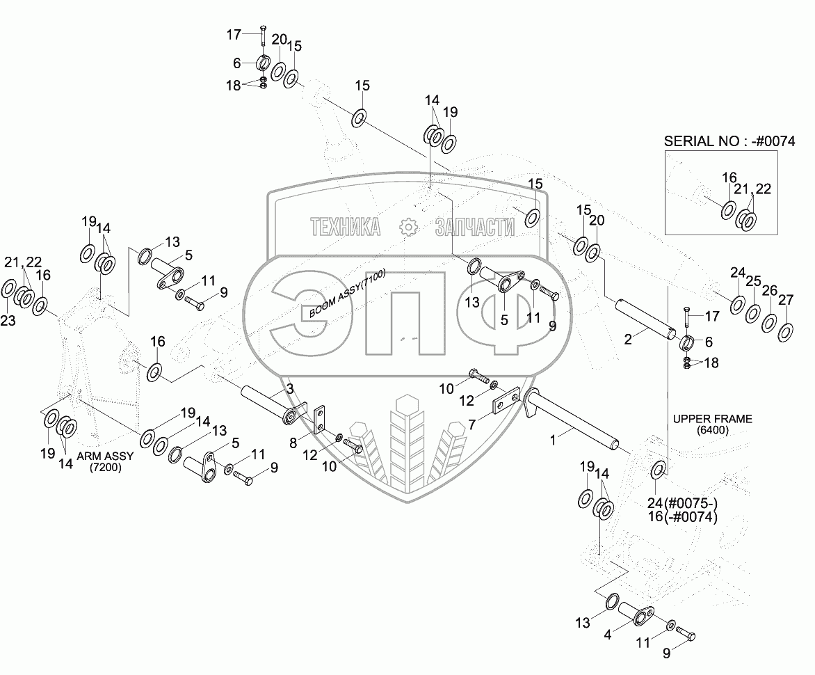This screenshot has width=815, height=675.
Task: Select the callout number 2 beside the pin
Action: (x=628, y=340)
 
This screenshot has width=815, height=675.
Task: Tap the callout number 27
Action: (x=786, y=300)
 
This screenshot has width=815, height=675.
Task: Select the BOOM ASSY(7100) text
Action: (x=347, y=292)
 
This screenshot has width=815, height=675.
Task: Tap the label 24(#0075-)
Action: (x=684, y=504)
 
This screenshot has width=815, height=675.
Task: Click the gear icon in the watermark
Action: (x=407, y=226)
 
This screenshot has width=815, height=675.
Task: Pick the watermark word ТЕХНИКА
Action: (x=346, y=227)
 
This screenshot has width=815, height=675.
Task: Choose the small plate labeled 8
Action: (x=321, y=420)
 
